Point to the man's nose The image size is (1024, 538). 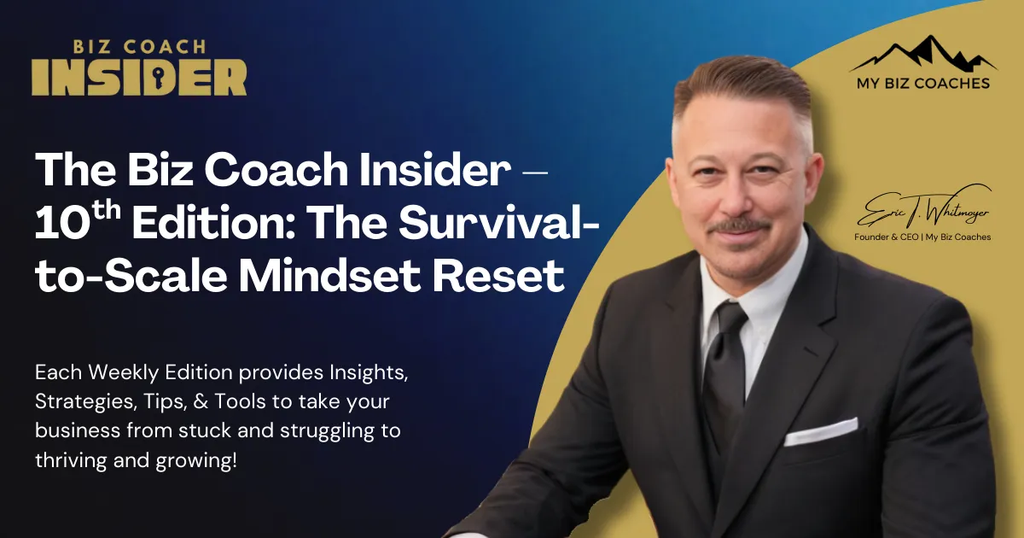coord(743,192)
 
